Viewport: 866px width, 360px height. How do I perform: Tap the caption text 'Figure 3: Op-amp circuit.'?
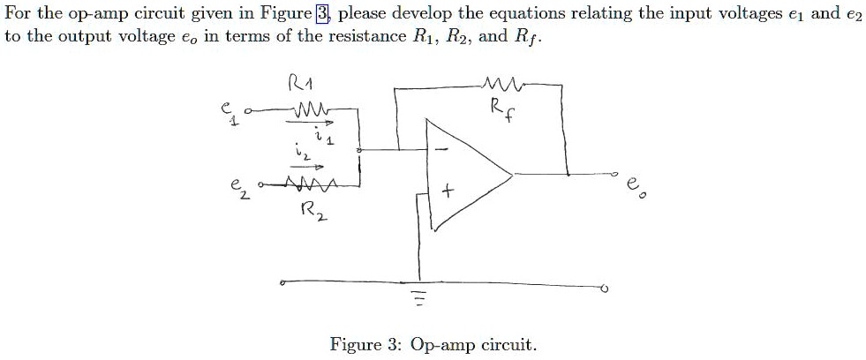[433, 344]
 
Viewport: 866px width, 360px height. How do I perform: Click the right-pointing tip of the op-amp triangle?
[513, 174]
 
